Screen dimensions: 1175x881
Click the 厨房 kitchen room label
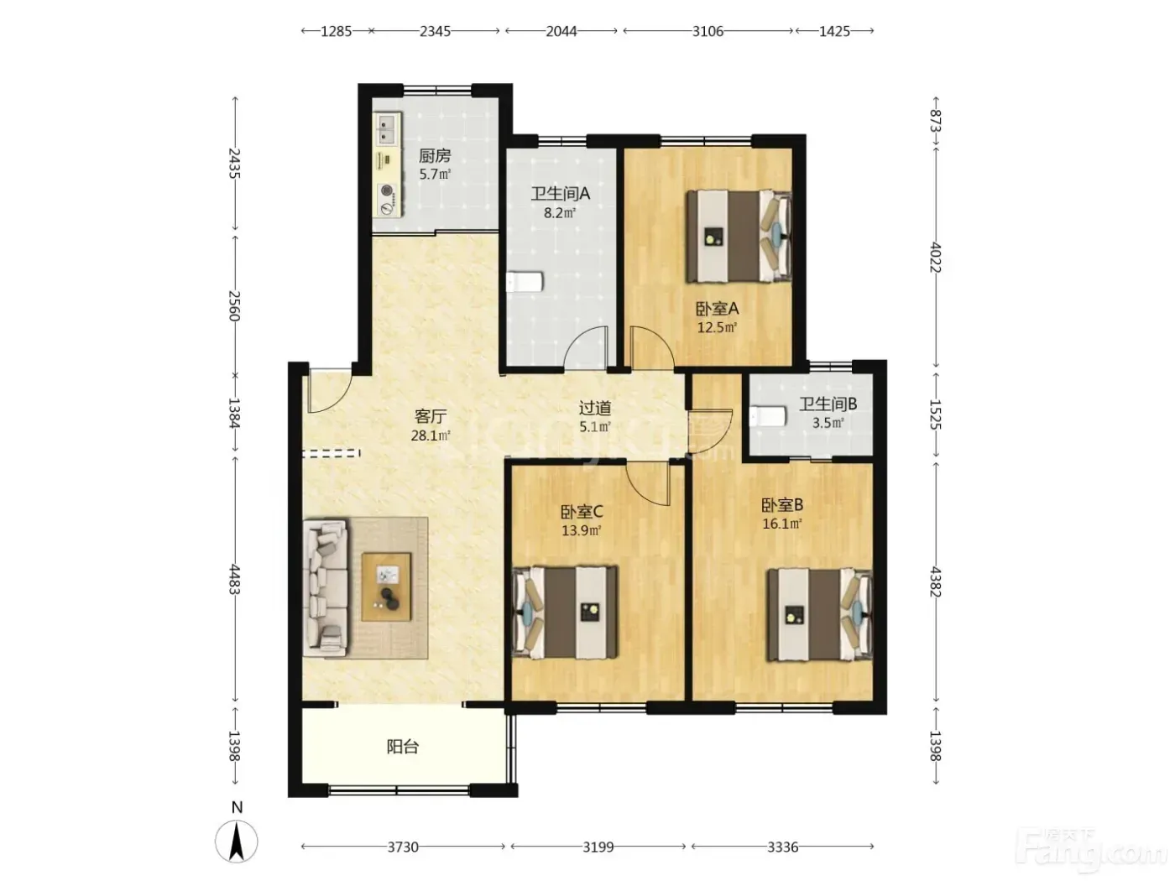tap(434, 156)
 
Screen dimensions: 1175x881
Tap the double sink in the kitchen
tap(387, 128)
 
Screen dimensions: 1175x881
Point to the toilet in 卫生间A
tap(525, 281)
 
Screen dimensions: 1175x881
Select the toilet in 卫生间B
tap(768, 416)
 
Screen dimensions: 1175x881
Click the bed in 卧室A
tap(739, 236)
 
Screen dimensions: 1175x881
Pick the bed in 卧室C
tap(565, 613)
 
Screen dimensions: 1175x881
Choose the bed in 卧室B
tap(819, 615)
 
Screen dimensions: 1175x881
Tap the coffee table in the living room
tap(387, 586)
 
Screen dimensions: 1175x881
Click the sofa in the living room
tap(326, 586)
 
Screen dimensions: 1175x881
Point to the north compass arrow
tap(237, 842)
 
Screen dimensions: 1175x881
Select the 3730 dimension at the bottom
tap(403, 847)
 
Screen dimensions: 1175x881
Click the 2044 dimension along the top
tap(561, 32)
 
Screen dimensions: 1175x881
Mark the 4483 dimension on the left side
tap(234, 579)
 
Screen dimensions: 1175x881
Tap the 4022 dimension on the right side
tap(935, 258)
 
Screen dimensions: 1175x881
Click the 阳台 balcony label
tap(403, 746)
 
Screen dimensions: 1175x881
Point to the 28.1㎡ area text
tap(431, 435)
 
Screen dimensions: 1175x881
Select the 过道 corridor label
tap(595, 408)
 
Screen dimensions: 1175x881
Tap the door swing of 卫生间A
tap(586, 347)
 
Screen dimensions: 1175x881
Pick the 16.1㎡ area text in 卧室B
tap(782, 524)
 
